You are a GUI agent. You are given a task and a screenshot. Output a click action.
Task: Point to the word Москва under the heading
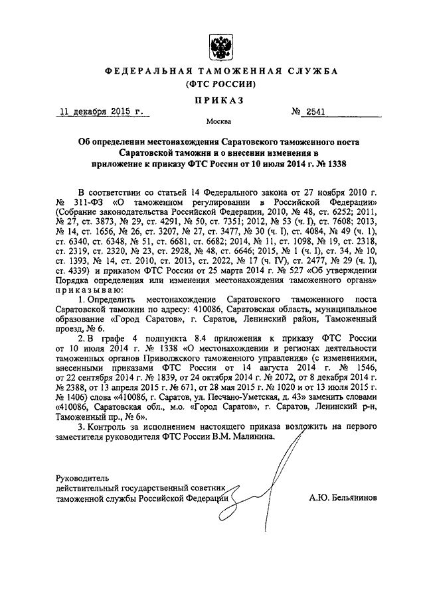(x=218, y=123)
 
